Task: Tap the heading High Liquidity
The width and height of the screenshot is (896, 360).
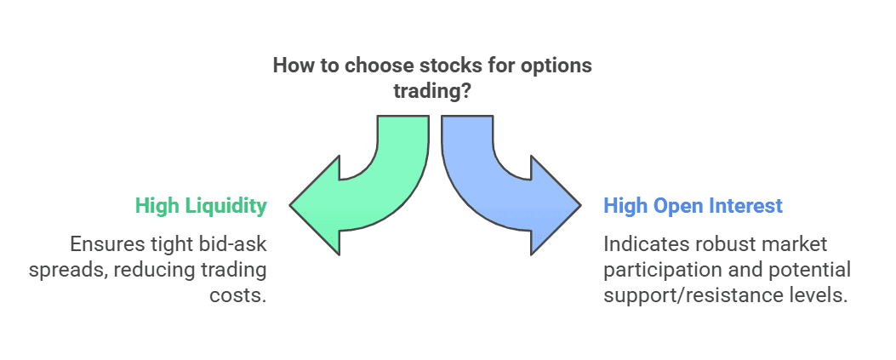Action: click(201, 206)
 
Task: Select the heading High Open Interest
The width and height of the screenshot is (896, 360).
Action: click(693, 206)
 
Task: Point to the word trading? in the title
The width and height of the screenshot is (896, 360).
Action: click(432, 91)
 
